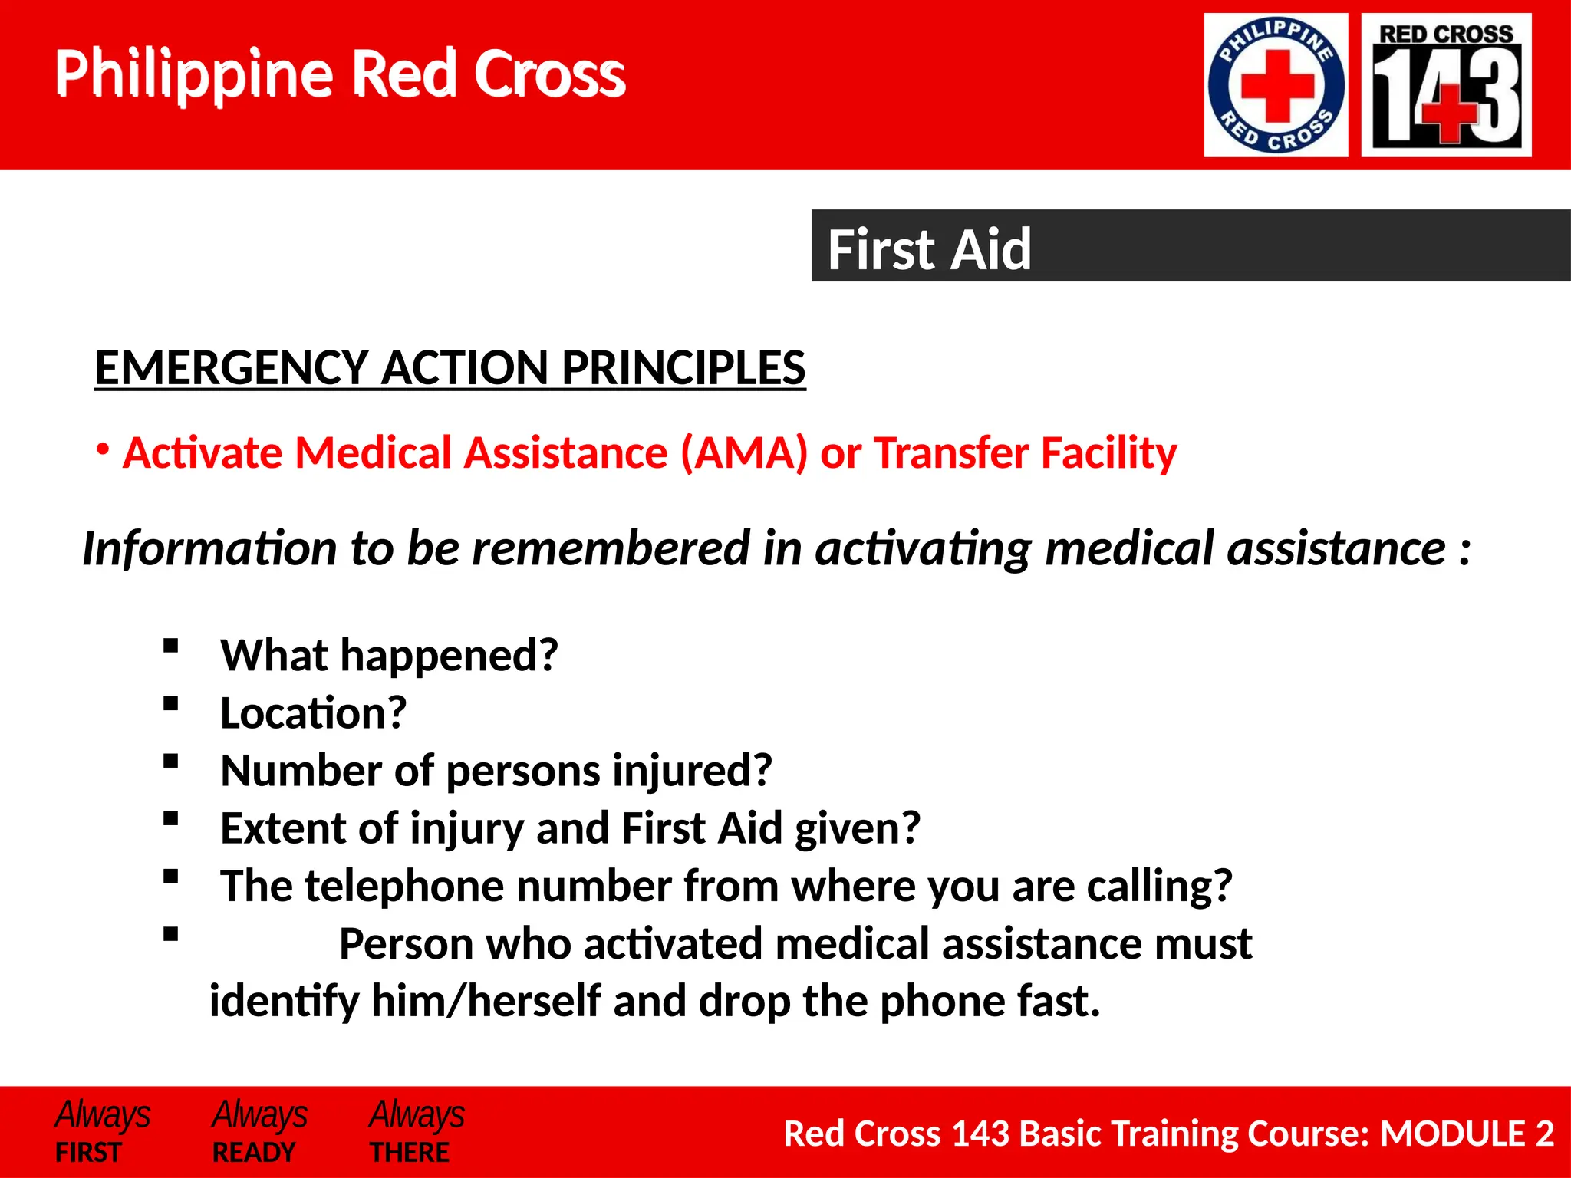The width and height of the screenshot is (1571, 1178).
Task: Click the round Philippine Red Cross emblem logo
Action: click(1276, 85)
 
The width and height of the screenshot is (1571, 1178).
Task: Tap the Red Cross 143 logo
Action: click(1446, 85)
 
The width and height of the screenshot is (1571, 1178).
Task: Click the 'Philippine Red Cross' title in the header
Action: click(340, 74)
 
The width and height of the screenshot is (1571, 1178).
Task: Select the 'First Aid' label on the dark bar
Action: click(929, 249)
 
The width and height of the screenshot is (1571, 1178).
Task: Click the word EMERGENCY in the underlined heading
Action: click(232, 367)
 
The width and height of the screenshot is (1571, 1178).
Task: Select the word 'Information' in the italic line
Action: click(209, 548)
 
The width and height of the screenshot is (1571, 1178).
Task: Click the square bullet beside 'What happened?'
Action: click(170, 646)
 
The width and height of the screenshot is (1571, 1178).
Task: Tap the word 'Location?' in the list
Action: click(313, 713)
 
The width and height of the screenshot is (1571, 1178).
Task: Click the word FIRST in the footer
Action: click(88, 1152)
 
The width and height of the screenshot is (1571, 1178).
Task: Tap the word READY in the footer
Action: click(253, 1152)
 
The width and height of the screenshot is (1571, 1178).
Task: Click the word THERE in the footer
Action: click(409, 1152)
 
